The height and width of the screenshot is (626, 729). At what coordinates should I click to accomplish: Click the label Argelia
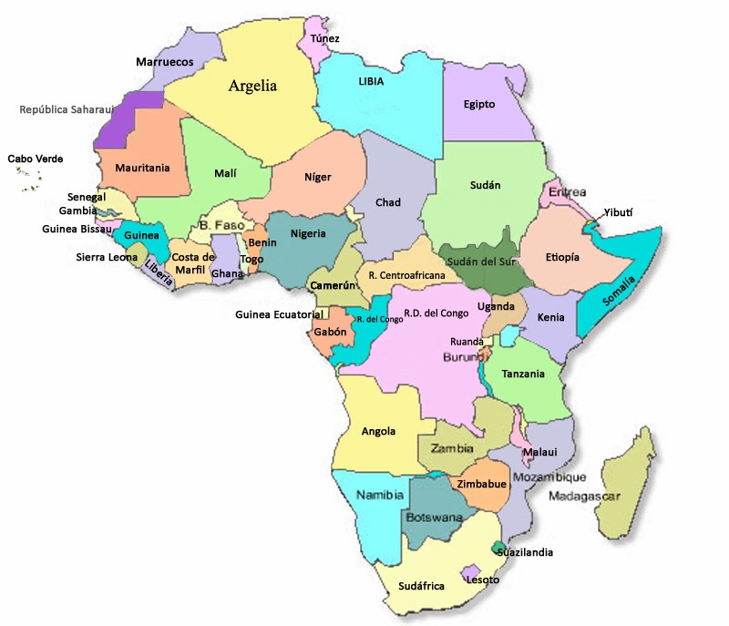coord(252,87)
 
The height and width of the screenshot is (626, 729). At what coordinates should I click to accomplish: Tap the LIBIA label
coord(371,81)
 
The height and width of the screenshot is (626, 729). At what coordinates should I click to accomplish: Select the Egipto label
coord(479,104)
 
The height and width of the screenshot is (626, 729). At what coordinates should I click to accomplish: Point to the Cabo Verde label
coord(36,159)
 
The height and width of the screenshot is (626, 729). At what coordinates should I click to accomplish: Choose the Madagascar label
coord(584,497)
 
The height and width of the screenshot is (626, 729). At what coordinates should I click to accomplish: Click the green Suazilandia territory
coord(498,548)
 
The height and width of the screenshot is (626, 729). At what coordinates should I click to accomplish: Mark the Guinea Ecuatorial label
coord(279,314)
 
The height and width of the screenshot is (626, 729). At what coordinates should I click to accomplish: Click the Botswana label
coord(433,517)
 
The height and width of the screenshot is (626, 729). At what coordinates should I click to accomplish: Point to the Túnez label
coord(325,38)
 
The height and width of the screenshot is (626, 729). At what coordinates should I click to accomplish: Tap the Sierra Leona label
coord(107,257)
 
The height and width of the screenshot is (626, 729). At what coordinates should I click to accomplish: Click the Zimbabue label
coord(481,483)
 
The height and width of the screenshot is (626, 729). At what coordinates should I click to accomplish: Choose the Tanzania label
coord(522,374)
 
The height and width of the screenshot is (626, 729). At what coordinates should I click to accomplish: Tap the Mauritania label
coord(142,168)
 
